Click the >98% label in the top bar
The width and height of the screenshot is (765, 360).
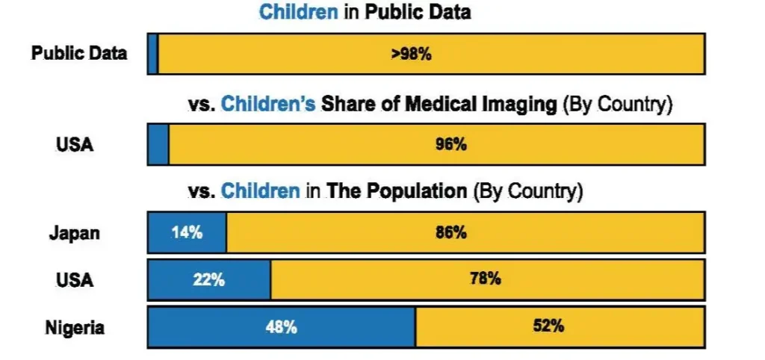coord(411,54)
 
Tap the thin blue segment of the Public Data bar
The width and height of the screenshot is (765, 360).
coord(152,54)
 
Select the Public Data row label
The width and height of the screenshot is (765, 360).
coord(79,54)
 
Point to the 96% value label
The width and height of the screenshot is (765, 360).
coord(451,145)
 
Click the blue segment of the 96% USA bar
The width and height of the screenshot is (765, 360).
coord(158,144)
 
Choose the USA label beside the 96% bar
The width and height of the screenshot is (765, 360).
coord(75,145)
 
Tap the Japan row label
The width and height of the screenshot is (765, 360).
coord(74,233)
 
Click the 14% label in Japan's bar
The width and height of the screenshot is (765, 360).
coord(187,232)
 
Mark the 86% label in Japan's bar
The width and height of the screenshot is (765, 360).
coord(451,232)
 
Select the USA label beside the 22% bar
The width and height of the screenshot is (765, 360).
coord(75,280)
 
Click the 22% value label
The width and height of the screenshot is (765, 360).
coord(208,279)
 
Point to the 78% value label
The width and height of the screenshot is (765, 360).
coord(485,279)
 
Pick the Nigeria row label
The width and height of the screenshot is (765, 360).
coord(75,327)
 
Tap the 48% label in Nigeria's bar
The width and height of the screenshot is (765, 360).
coord(282,326)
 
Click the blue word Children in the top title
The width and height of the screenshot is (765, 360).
coord(298,13)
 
